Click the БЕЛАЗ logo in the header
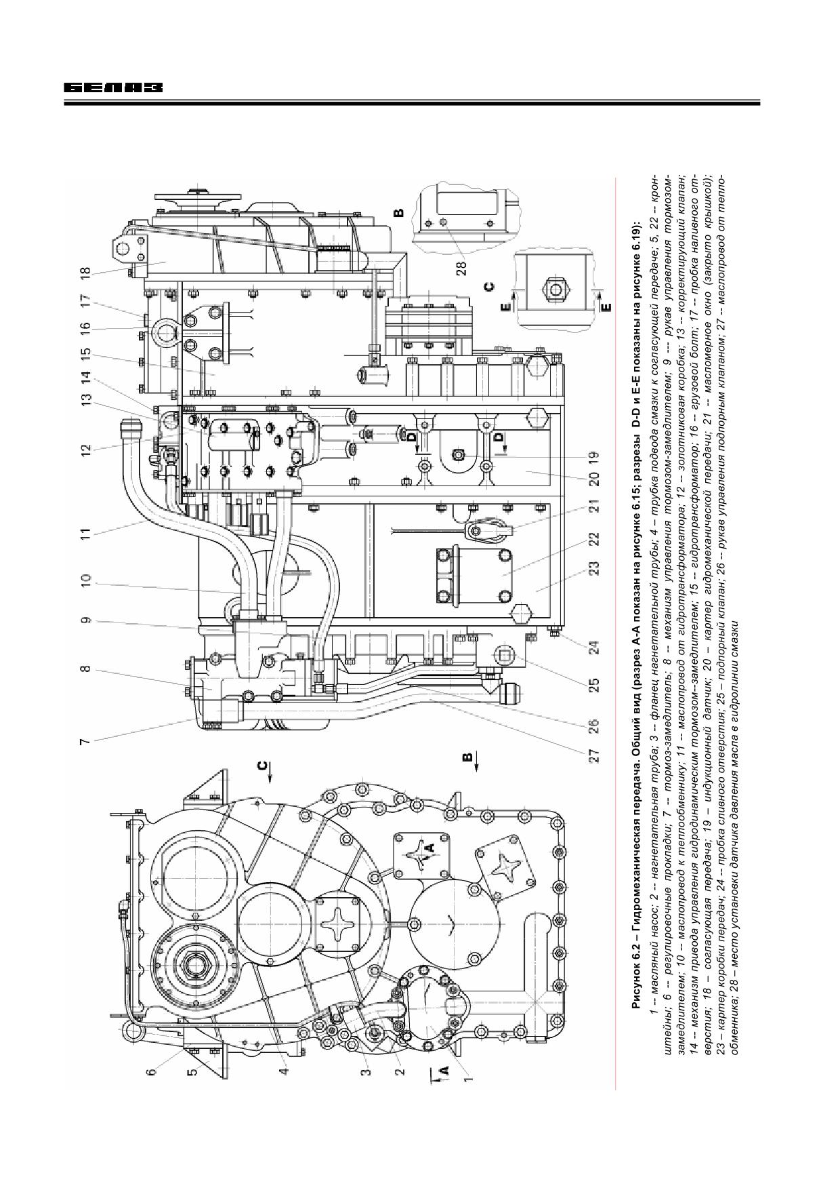pyautogui.click(x=114, y=88)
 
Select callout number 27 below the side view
pyautogui.click(x=594, y=757)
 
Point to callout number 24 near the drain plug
pyautogui.click(x=594, y=647)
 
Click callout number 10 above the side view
pyautogui.click(x=85, y=582)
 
